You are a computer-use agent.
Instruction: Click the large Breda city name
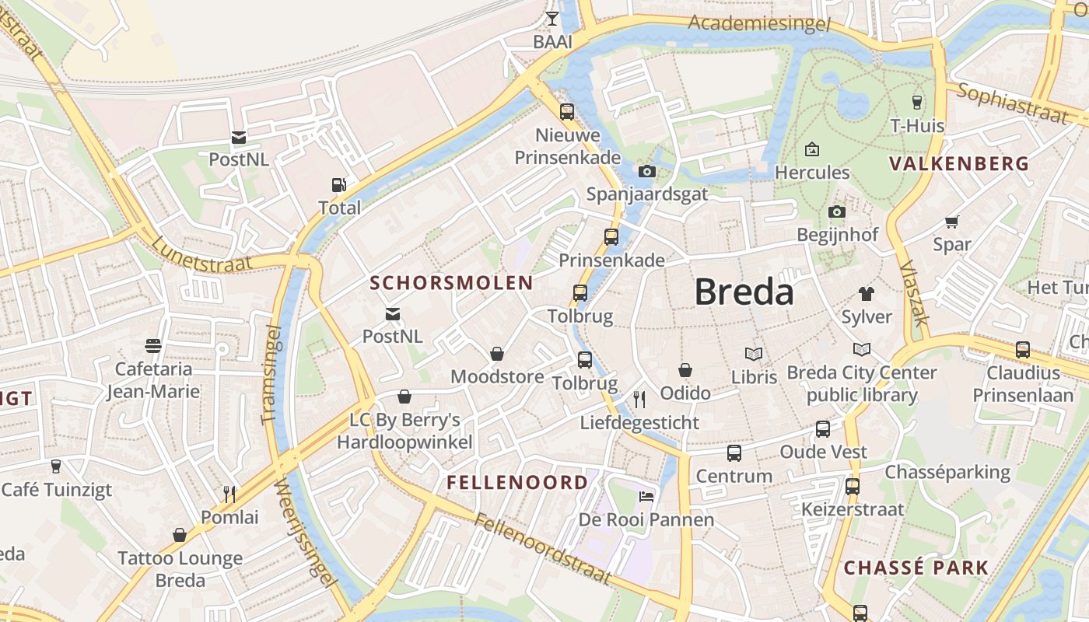[x=744, y=292]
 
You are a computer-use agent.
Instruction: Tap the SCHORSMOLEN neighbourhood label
[x=451, y=283]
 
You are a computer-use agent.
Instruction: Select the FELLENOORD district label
[x=517, y=483]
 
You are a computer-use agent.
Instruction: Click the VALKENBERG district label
[x=959, y=164]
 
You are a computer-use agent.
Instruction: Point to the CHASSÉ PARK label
[x=916, y=568]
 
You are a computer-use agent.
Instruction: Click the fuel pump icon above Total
[x=339, y=185]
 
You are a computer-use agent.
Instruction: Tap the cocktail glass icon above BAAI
[x=552, y=19]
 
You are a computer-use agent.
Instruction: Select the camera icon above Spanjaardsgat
[x=646, y=171]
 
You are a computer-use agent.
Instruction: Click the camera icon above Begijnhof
[x=837, y=211]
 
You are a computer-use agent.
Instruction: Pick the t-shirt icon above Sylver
[x=866, y=294]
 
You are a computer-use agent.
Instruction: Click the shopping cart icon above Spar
[x=951, y=222]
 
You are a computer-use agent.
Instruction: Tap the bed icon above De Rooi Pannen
[x=646, y=496]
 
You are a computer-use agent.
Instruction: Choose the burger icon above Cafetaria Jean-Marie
[x=153, y=345]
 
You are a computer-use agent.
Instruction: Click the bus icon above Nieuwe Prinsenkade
[x=567, y=112]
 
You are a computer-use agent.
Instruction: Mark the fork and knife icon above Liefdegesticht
[x=639, y=400]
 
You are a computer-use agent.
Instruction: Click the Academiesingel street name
[x=758, y=23]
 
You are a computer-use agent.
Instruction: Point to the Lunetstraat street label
[x=202, y=253]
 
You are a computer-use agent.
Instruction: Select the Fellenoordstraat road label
[x=543, y=549]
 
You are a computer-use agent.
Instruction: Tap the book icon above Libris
[x=754, y=354]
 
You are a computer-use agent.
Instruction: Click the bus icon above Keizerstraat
[x=853, y=487]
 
